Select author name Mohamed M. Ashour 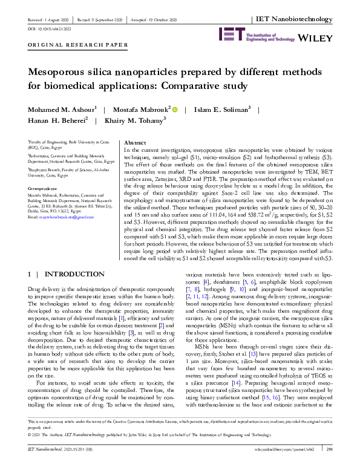tap(53, 109)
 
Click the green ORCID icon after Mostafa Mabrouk tap(175, 109)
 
